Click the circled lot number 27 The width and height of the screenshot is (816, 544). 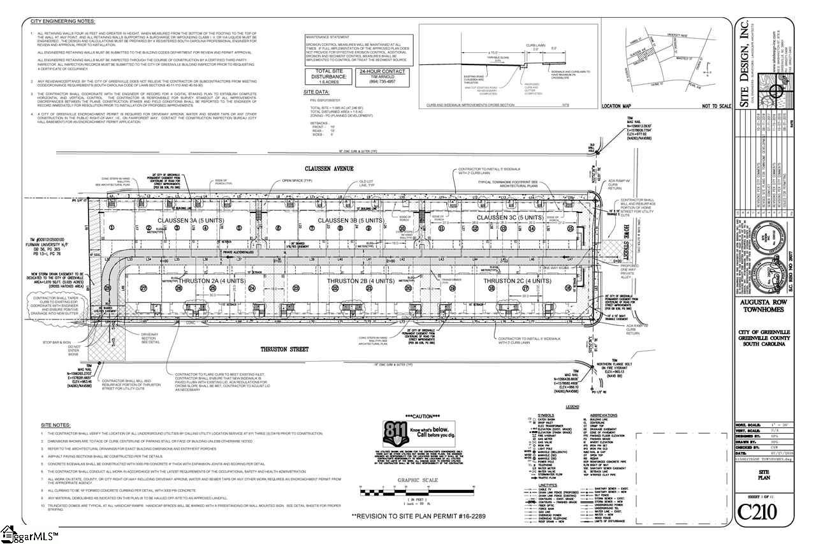(144, 288)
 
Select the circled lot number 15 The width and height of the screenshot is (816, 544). (571, 228)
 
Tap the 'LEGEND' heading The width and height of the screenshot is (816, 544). (572, 406)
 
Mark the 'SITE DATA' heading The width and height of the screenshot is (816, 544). (317, 91)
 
